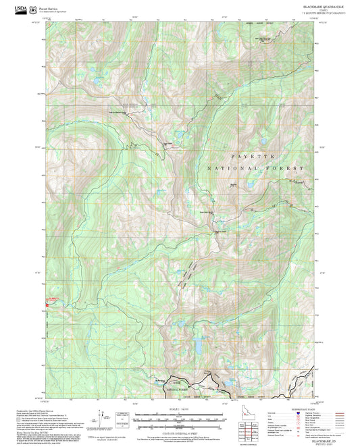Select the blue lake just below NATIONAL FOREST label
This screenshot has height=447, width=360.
click(251, 183)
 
